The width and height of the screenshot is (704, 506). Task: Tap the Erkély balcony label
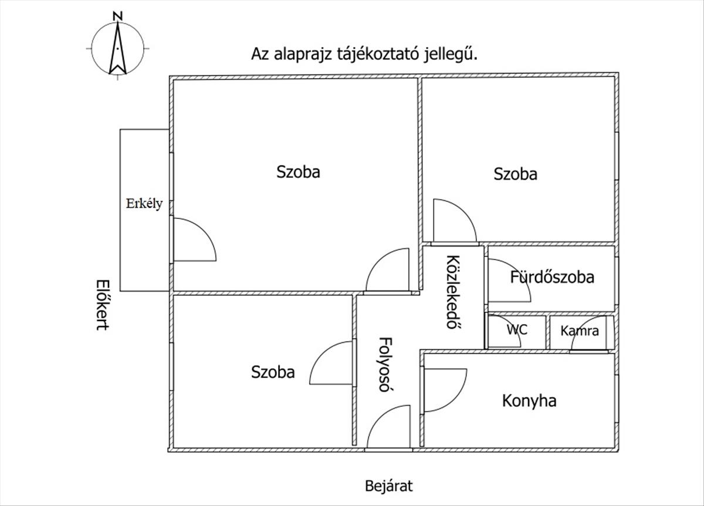tap(144, 204)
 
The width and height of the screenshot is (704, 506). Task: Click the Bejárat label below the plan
tap(389, 486)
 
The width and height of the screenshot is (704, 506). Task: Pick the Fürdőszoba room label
tap(552, 276)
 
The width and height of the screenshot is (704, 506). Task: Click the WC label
tap(517, 329)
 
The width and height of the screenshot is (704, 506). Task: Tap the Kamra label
tap(580, 330)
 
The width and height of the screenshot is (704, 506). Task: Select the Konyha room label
tap(529, 401)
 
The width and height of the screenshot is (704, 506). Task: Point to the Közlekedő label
tap(452, 292)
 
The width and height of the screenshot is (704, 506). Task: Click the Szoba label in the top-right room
tap(515, 174)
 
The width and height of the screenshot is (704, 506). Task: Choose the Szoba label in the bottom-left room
tap(273, 372)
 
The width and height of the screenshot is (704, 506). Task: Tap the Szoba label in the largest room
tap(299, 172)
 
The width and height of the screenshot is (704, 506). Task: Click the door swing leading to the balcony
tap(191, 241)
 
